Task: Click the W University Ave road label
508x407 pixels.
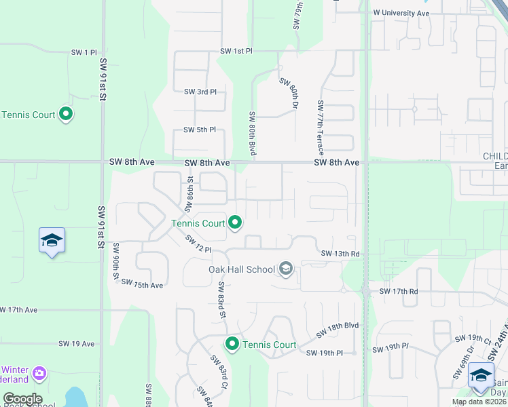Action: pos(401,13)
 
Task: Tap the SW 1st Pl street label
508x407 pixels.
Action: pos(236,52)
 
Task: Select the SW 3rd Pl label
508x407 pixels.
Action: pos(200,92)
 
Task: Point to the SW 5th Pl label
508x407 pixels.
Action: pos(199,130)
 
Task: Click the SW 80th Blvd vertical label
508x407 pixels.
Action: pos(252,134)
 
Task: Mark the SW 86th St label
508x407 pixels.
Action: pos(191,190)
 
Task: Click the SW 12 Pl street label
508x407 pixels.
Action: pos(199,243)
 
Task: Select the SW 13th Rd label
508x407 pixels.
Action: pos(340,254)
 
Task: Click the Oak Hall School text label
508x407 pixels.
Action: pos(241,269)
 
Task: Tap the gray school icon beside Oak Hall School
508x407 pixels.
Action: pos(286,270)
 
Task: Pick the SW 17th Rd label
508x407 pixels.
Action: pos(398,291)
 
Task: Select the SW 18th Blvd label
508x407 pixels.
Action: pos(337,331)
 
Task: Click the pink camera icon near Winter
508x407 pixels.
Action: pos(39,372)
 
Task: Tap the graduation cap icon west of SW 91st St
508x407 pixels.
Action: pos(52,241)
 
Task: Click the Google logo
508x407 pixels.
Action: pos(22,399)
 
